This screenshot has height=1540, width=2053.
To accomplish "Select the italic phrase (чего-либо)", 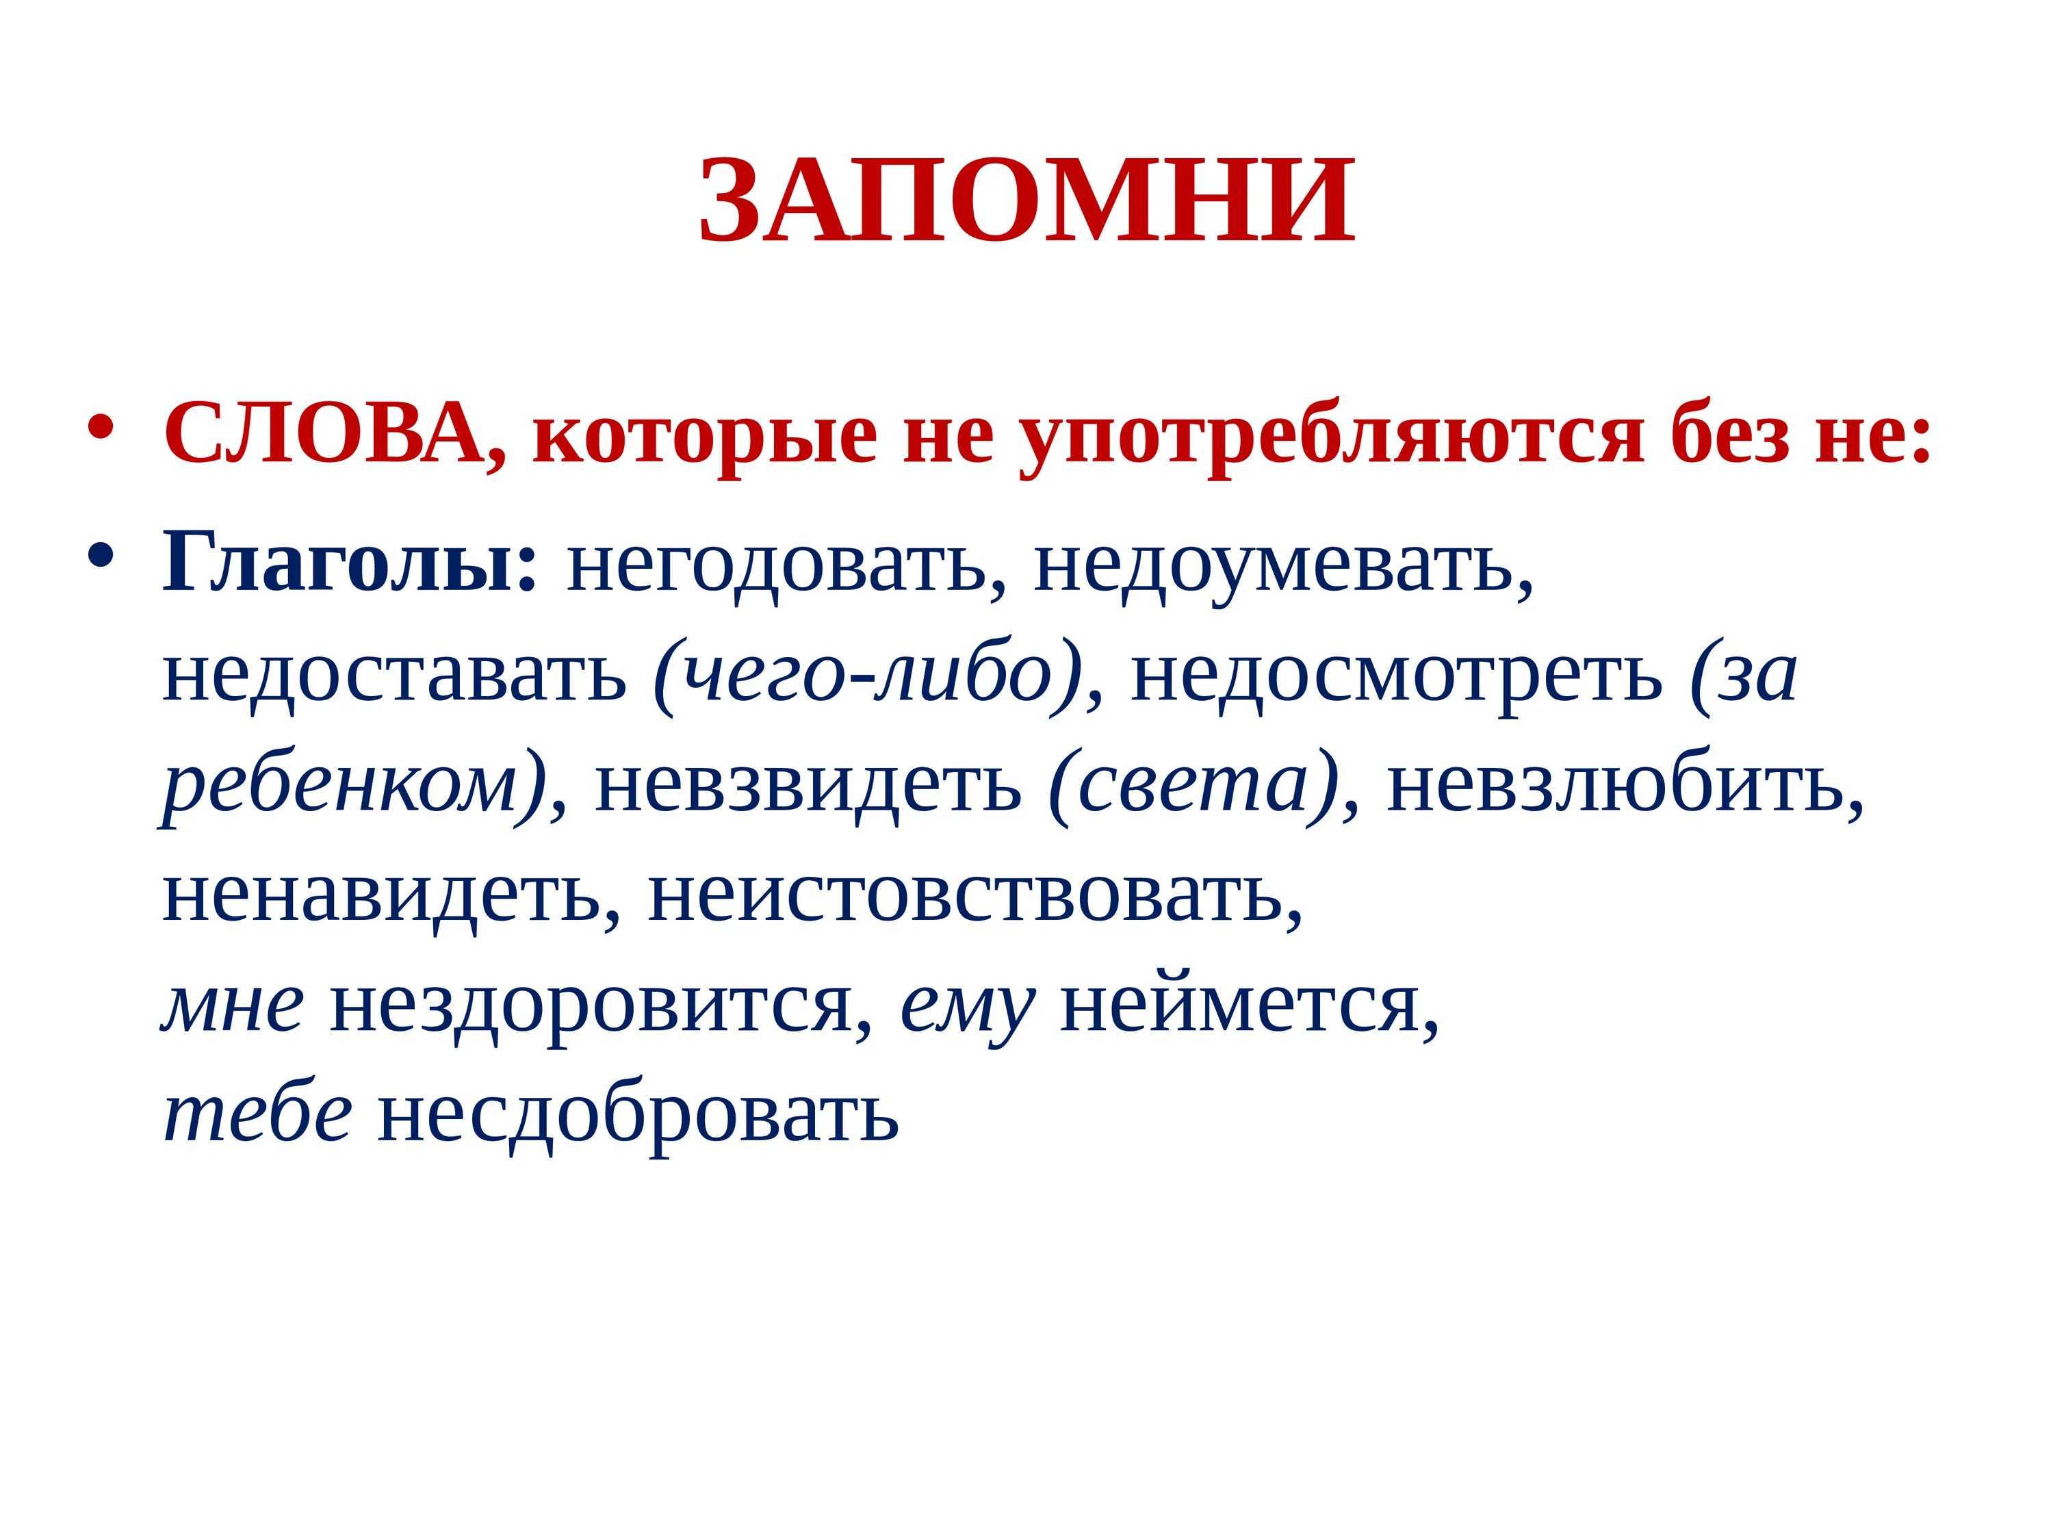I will (x=868, y=676).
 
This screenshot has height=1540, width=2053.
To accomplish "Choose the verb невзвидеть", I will (x=808, y=785).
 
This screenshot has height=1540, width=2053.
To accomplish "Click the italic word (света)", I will (x=1193, y=785).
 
